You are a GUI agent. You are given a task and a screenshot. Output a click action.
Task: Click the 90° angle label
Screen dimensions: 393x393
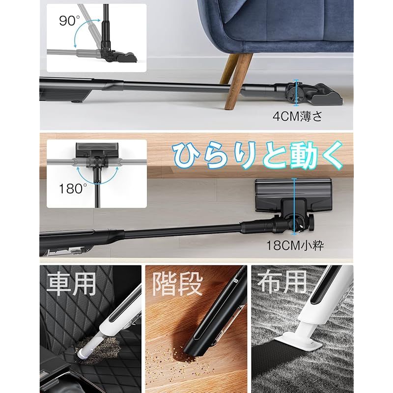69,21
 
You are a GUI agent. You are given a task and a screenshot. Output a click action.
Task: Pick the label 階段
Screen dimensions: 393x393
178,284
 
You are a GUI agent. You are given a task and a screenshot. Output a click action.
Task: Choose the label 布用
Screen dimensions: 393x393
282,283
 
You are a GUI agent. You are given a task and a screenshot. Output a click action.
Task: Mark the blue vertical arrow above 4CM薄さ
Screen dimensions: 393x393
295,92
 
